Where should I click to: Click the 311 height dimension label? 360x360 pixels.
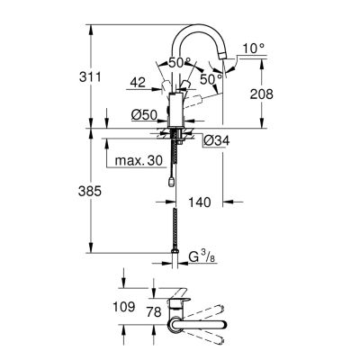[x=90, y=77]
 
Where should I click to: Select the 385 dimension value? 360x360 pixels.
[x=90, y=191]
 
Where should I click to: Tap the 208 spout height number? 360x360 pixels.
[x=262, y=94]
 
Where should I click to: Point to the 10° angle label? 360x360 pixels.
[x=254, y=48]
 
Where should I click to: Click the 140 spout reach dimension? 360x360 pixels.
[x=200, y=202]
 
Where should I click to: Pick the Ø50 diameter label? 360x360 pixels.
[x=144, y=114]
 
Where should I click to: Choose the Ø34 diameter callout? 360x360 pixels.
[x=216, y=140]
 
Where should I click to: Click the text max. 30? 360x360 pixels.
[x=139, y=161]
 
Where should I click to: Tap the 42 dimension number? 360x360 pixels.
[x=138, y=82]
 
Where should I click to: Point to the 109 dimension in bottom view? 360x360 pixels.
[x=124, y=307]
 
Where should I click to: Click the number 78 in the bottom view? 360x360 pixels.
[x=155, y=312]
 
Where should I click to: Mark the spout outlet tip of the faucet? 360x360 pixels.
[x=222, y=56]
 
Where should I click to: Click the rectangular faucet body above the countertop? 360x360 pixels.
[x=176, y=111]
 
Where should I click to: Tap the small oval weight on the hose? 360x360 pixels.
[x=171, y=182]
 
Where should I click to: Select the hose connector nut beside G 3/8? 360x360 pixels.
[x=175, y=251]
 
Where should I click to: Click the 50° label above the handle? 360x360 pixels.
[x=180, y=63]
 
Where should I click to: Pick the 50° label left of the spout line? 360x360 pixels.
[x=211, y=79]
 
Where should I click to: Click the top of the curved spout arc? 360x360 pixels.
[x=198, y=26]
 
